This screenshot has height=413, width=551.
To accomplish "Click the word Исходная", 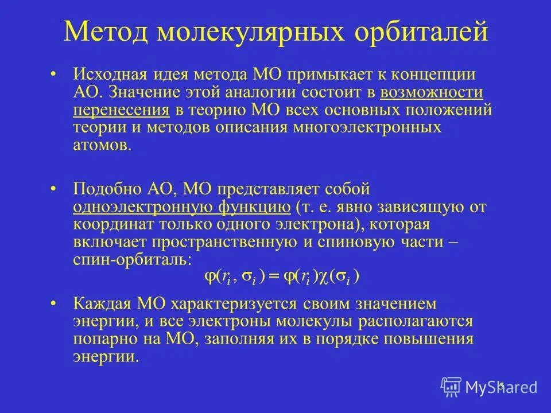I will [110, 75].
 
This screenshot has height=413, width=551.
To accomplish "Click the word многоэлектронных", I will [368, 127].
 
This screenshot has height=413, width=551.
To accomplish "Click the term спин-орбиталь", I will [131, 259].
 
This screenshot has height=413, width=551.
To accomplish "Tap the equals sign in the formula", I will [274, 276].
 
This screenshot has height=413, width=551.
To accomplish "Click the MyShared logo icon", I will [451, 386].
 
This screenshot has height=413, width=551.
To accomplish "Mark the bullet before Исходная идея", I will [53, 75].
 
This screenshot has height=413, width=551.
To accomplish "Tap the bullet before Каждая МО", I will [53, 303].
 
